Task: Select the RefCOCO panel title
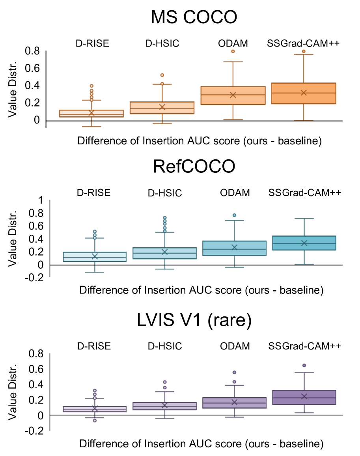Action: coord(194,167)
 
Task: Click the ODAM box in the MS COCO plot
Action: coord(233,95)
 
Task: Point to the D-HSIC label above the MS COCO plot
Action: coord(162,43)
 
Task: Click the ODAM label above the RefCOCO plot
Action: coord(235,193)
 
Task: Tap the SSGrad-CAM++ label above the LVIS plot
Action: coord(304,346)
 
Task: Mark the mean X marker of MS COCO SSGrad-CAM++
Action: coord(304,93)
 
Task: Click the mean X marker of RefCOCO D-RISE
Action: coord(95,256)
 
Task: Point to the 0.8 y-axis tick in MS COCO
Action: coord(32,51)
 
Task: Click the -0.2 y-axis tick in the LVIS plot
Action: coord(34,431)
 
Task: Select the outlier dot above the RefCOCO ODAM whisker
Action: coord(234,215)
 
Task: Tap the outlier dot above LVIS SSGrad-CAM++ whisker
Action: coord(304,366)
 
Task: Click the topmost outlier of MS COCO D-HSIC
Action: coord(162,75)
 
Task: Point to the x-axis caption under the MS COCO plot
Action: coord(200,141)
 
